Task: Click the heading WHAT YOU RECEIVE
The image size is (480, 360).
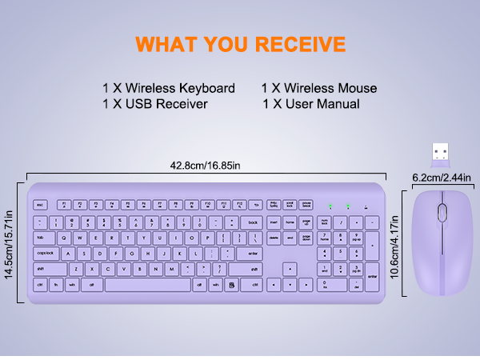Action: coord(240,42)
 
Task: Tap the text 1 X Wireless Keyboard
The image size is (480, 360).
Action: coord(168,88)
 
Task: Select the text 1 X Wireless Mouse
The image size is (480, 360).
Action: coord(318,88)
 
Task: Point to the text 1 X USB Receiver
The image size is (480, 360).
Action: coord(154,104)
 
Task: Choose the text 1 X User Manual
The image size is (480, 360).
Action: coord(311,104)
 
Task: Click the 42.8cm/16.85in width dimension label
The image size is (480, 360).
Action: coord(206,166)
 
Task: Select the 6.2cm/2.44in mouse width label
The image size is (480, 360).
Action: coord(442,177)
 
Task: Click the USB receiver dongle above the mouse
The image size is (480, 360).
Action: coord(440,153)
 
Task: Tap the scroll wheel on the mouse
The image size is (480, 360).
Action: coord(441,213)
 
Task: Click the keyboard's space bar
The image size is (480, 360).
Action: coord(148,284)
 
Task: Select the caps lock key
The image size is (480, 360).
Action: coord(45,254)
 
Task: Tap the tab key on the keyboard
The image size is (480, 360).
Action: coord(42,238)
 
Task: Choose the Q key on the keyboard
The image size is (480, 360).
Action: coord(62,238)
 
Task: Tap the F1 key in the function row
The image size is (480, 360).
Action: coord(64,204)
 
